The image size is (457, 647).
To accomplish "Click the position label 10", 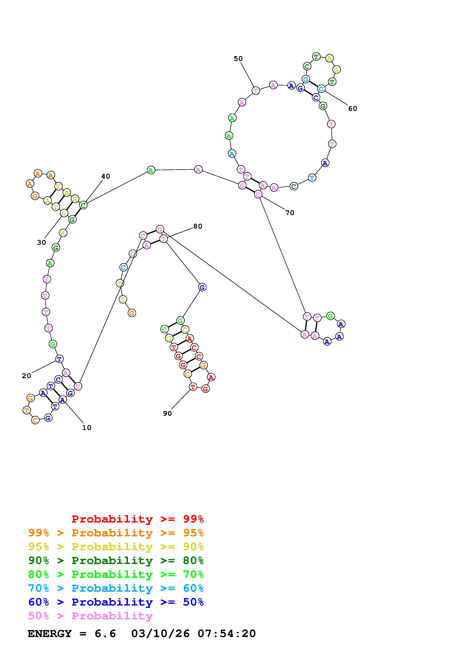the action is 87,428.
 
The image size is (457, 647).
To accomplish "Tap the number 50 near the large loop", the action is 238,59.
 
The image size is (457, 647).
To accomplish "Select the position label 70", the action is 290,213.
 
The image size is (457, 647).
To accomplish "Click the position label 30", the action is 41,243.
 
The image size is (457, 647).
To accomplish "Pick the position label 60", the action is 352,108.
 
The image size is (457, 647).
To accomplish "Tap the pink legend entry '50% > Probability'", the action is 90,616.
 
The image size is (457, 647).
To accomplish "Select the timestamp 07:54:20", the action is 227,634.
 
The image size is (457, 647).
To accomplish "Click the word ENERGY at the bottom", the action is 50,634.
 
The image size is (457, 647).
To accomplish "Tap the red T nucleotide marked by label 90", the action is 193,387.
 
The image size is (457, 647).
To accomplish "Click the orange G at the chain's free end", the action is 132,313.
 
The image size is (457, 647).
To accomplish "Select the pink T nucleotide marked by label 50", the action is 256,91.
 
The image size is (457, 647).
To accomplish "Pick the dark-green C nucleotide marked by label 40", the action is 83,205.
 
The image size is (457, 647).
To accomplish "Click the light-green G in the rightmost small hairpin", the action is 330,316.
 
